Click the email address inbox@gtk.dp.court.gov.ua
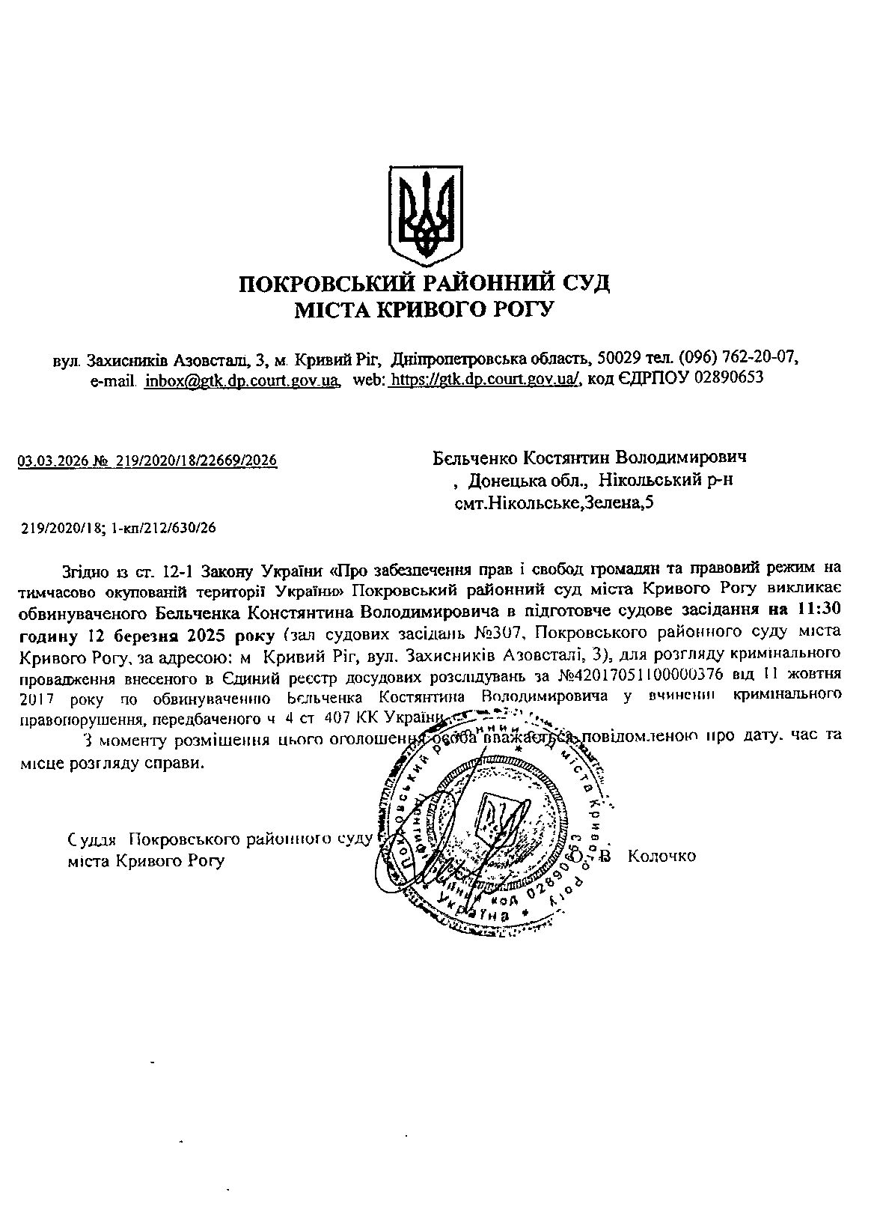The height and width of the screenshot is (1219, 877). [241, 380]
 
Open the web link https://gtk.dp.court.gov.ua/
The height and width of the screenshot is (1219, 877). [485, 380]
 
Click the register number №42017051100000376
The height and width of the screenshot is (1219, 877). [641, 675]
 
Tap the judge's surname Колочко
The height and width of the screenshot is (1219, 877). [662, 855]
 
